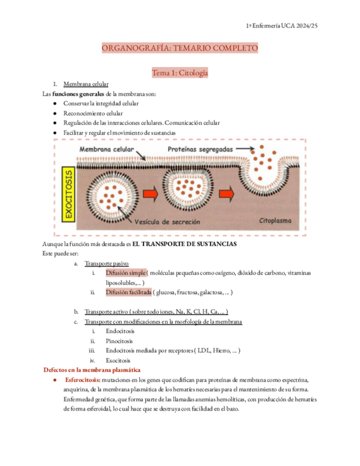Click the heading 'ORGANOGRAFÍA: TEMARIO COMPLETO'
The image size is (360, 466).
click(x=180, y=49)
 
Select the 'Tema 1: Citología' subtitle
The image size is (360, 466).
click(x=180, y=73)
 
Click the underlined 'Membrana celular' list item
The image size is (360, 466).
click(x=86, y=85)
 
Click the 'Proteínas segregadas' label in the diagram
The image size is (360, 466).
click(x=200, y=149)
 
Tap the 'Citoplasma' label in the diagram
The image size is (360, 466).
click(x=278, y=220)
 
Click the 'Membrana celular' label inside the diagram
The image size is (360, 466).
click(x=108, y=149)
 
